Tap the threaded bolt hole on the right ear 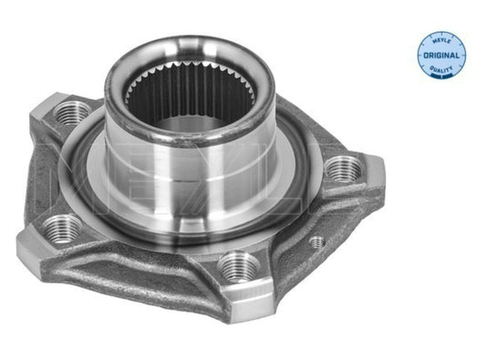click(343, 167)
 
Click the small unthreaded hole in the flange click(316, 242)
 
